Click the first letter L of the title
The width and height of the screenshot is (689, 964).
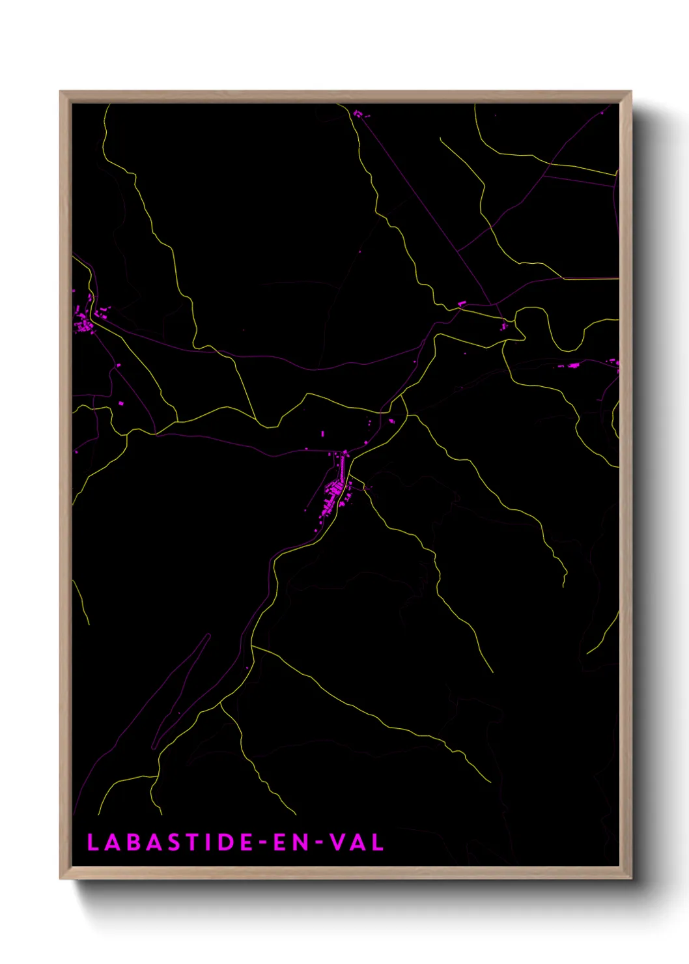(92, 842)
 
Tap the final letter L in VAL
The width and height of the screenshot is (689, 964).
(378, 842)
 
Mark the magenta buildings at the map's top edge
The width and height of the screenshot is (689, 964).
(358, 115)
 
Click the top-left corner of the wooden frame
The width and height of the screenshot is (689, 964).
(61, 92)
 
